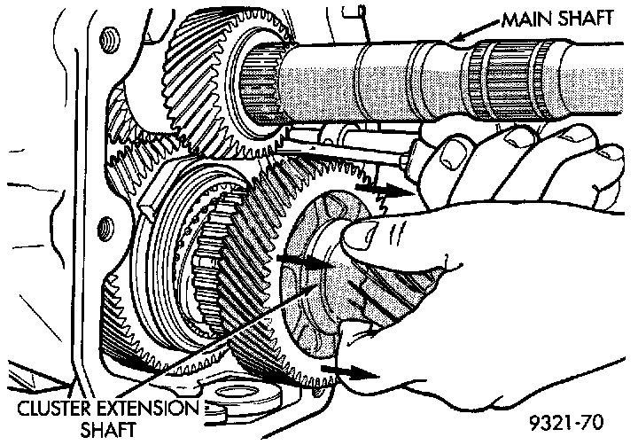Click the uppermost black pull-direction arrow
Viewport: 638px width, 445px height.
pyautogui.click(x=385, y=189)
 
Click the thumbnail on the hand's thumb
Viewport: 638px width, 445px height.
pyautogui.click(x=359, y=238)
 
